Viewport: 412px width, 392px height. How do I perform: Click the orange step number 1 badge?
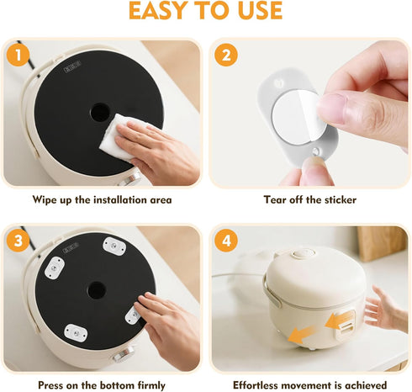18,55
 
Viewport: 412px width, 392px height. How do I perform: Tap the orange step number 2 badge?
226,55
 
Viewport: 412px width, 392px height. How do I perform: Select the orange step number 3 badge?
18,241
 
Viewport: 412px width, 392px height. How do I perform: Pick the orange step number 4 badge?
226,241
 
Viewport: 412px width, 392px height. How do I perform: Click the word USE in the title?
260,11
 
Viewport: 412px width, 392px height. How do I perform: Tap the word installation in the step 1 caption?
120,199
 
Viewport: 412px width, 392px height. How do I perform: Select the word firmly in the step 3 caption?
151,385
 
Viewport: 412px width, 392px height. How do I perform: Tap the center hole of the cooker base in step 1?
100,112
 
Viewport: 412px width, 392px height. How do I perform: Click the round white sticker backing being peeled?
298,117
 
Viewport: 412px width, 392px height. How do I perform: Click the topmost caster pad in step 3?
114,246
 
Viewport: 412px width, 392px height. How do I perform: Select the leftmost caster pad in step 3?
55,268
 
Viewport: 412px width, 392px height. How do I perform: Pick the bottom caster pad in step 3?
76,333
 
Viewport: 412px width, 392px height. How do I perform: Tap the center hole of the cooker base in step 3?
97,290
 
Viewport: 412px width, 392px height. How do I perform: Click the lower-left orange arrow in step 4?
300,334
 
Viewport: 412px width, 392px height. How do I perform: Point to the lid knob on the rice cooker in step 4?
304,254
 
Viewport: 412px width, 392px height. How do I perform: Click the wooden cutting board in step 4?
382,243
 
